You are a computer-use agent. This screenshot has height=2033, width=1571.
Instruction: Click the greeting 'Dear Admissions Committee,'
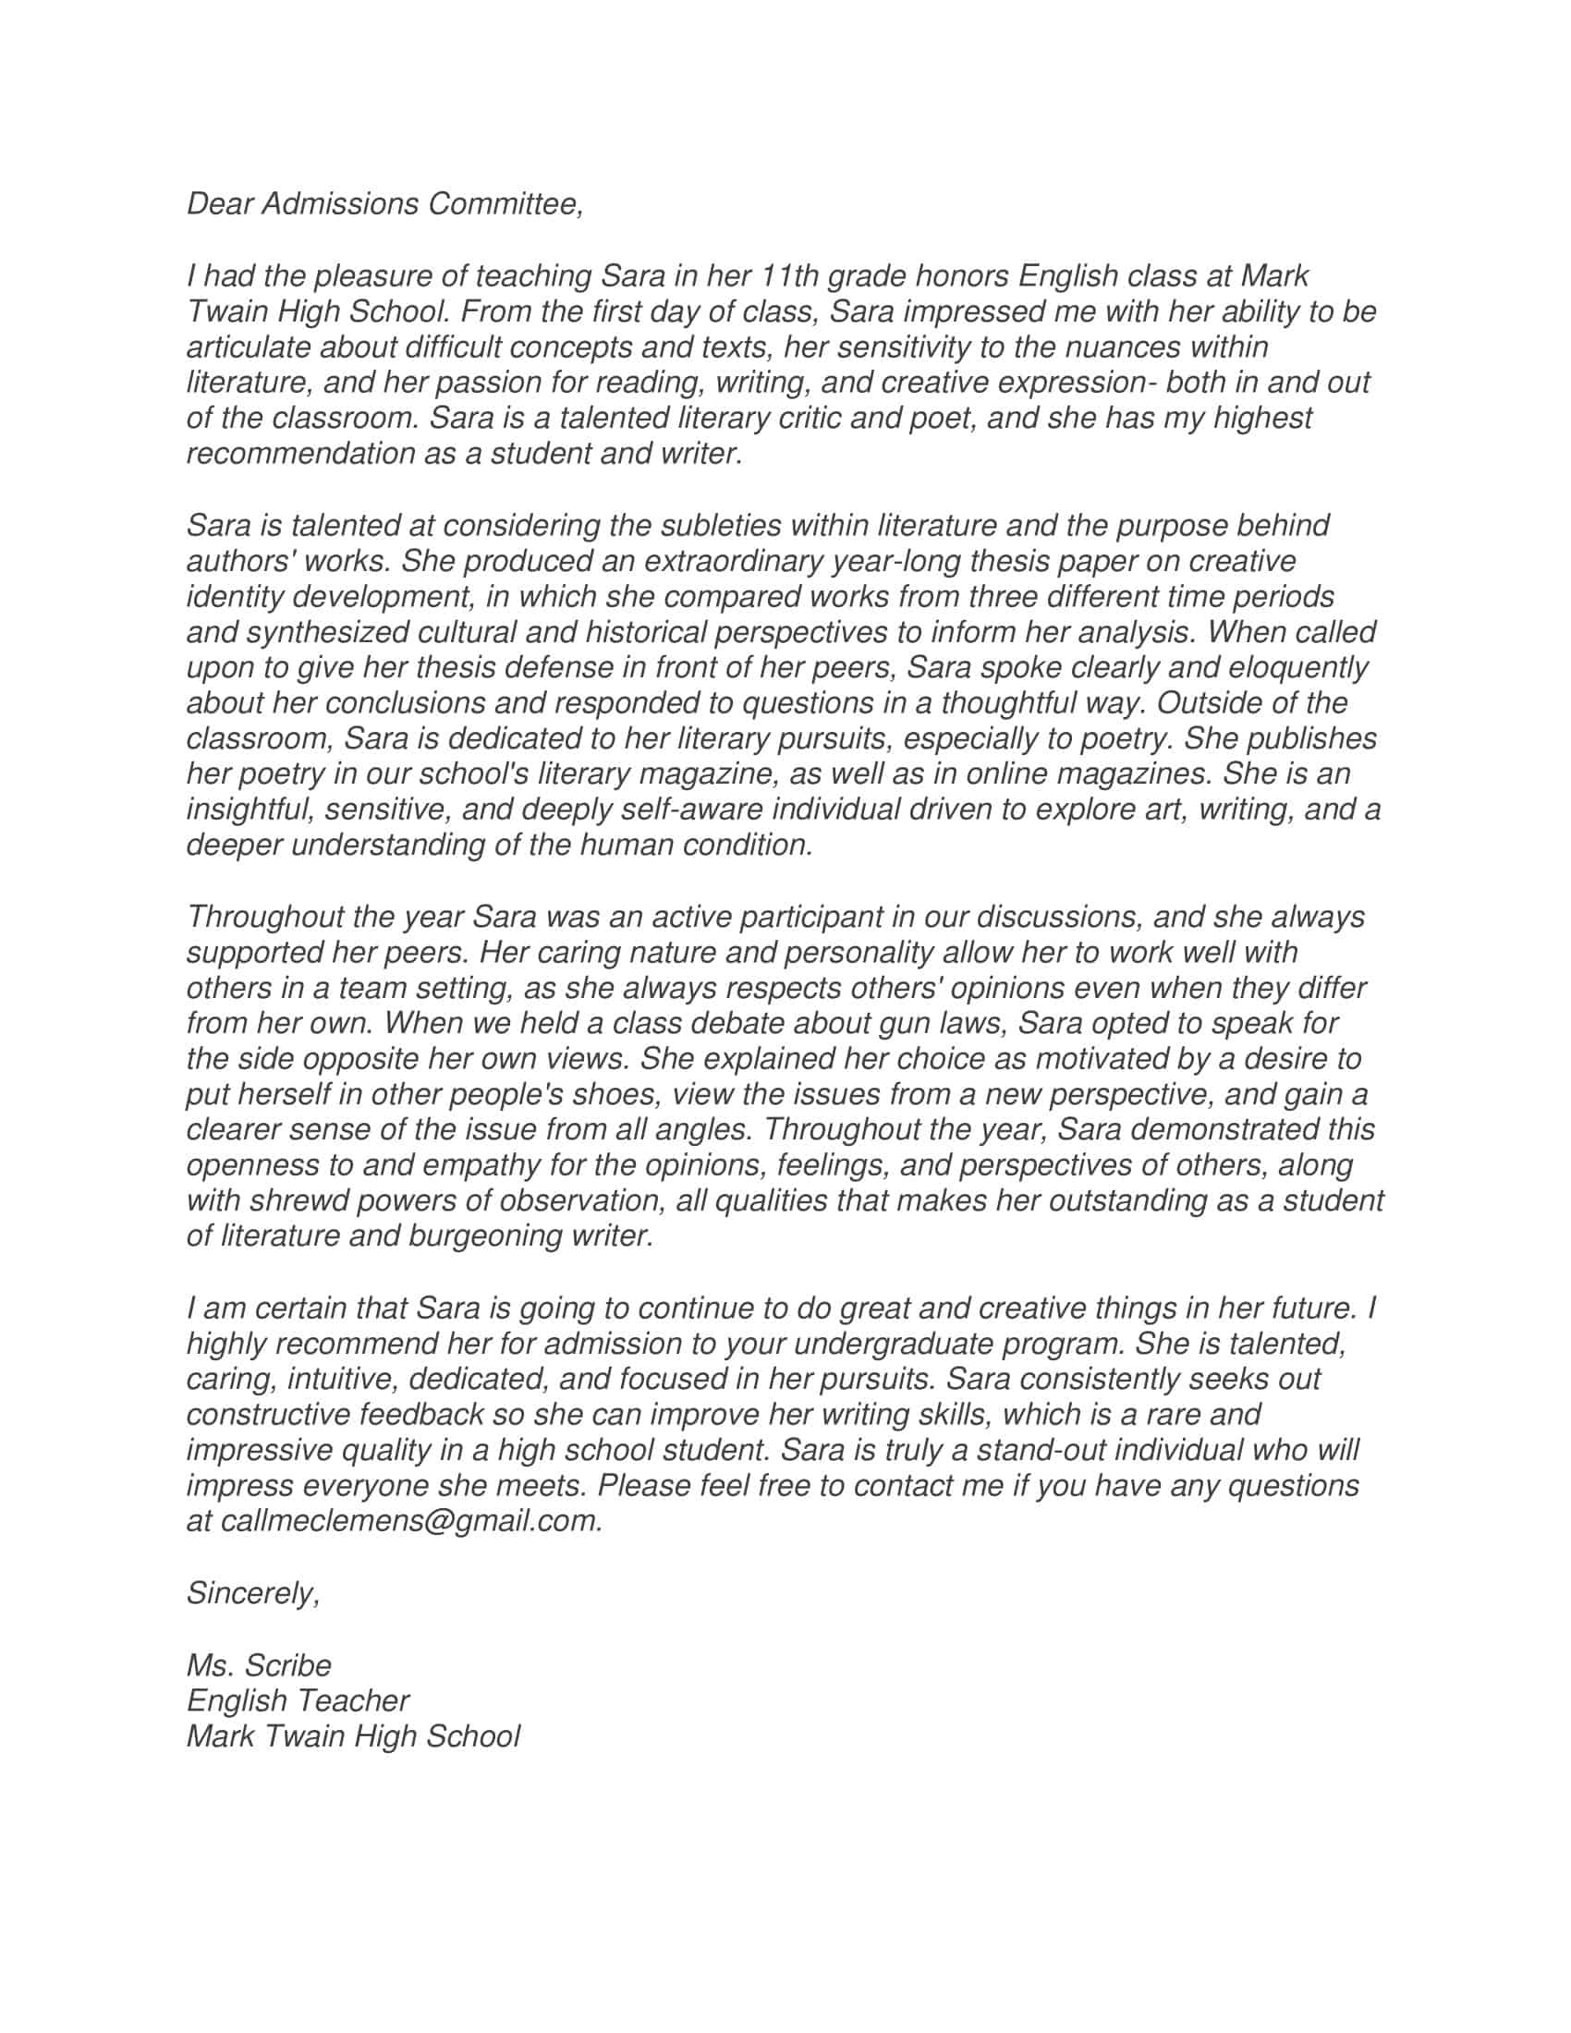click(385, 204)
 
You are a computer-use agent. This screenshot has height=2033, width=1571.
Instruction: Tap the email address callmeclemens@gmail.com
click(410, 1520)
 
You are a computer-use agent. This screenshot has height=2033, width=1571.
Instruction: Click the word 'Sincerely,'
click(253, 1593)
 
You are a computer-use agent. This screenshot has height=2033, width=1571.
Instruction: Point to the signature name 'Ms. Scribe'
click(259, 1664)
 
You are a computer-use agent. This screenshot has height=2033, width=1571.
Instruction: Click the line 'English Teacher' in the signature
click(298, 1699)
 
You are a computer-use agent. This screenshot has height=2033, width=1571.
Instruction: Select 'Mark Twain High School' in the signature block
click(353, 1736)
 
